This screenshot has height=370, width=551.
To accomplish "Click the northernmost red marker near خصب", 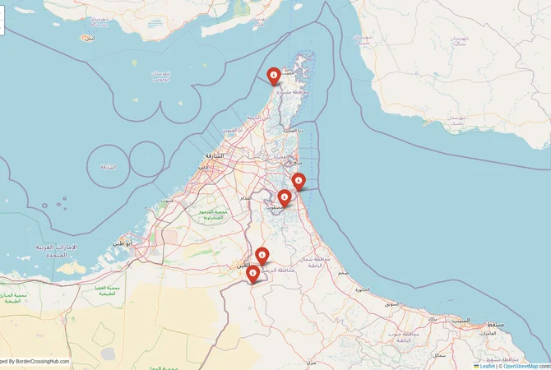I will (x=273, y=75).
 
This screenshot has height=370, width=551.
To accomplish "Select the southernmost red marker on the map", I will (x=253, y=273).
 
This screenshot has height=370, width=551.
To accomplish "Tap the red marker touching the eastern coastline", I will (x=299, y=180).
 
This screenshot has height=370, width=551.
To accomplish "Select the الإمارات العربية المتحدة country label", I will (x=57, y=251).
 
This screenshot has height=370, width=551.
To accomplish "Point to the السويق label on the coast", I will (x=392, y=304).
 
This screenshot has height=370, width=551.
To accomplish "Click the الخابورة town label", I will (x=362, y=289).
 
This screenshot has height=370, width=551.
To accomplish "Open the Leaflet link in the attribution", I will (x=488, y=366).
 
